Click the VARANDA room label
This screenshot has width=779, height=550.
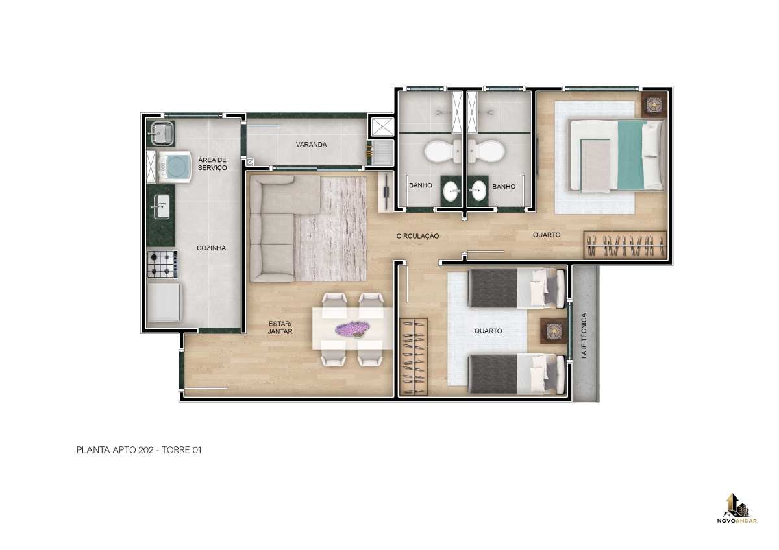(311, 145)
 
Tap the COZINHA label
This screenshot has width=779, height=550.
(211, 248)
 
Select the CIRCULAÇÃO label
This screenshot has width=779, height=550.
(417, 236)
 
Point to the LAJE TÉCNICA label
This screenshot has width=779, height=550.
(584, 335)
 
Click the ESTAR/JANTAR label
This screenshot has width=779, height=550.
(280, 328)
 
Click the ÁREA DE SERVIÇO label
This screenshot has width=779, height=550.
(212, 163)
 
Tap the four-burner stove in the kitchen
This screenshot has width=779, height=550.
(162, 265)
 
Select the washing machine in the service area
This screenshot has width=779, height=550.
(175, 167)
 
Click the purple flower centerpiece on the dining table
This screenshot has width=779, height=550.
(352, 329)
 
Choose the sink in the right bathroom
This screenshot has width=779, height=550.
(479, 191)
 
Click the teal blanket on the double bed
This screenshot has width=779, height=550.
(630, 155)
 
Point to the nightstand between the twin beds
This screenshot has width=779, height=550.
(554, 331)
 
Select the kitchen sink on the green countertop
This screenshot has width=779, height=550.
(162, 206)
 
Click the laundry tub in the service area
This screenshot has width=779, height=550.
(162, 133)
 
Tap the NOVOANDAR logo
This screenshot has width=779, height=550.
(737, 513)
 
